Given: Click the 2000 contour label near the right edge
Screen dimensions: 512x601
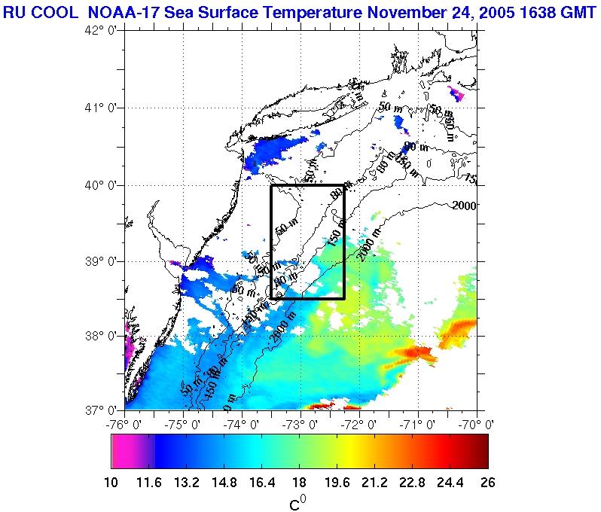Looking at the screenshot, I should click(x=465, y=205).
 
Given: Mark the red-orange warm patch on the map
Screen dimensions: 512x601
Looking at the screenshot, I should click(x=416, y=352).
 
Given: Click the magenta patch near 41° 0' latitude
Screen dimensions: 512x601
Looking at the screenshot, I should click(x=456, y=94).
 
